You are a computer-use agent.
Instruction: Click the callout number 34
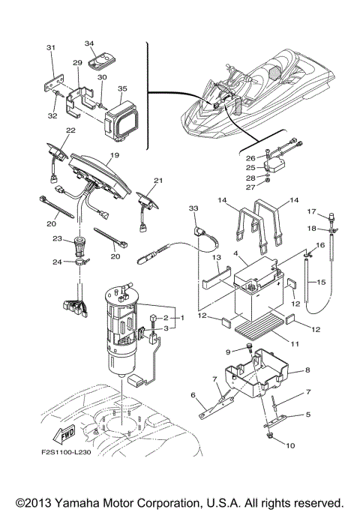click(89, 44)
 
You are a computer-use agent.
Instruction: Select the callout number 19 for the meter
click(114, 155)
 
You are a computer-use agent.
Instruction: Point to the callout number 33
click(193, 207)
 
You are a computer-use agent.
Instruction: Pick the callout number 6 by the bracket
click(193, 396)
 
